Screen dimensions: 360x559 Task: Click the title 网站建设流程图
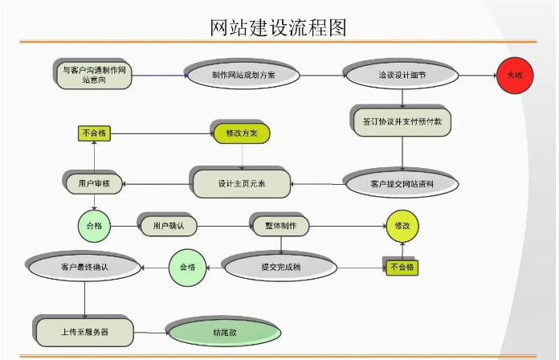tap(278, 28)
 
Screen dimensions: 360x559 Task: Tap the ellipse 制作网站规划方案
tap(243, 76)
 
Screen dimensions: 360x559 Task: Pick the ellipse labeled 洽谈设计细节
tap(402, 76)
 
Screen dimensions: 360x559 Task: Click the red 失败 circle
tap(514, 76)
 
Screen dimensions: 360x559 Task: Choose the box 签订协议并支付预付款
tap(402, 121)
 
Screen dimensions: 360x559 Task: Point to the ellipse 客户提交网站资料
tap(402, 183)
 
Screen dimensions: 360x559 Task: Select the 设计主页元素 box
tap(241, 183)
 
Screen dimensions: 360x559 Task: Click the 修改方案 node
tap(241, 133)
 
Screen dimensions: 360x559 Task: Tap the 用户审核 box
tap(94, 183)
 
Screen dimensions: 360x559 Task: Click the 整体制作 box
tap(280, 226)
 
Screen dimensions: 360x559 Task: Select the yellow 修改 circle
tap(402, 226)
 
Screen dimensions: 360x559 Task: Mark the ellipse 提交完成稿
tap(280, 266)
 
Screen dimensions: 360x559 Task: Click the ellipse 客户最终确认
tap(84, 266)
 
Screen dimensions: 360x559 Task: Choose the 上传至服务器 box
tap(84, 330)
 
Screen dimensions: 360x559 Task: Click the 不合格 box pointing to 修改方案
tap(94, 133)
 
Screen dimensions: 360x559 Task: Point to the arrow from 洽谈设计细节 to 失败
tap(474, 76)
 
